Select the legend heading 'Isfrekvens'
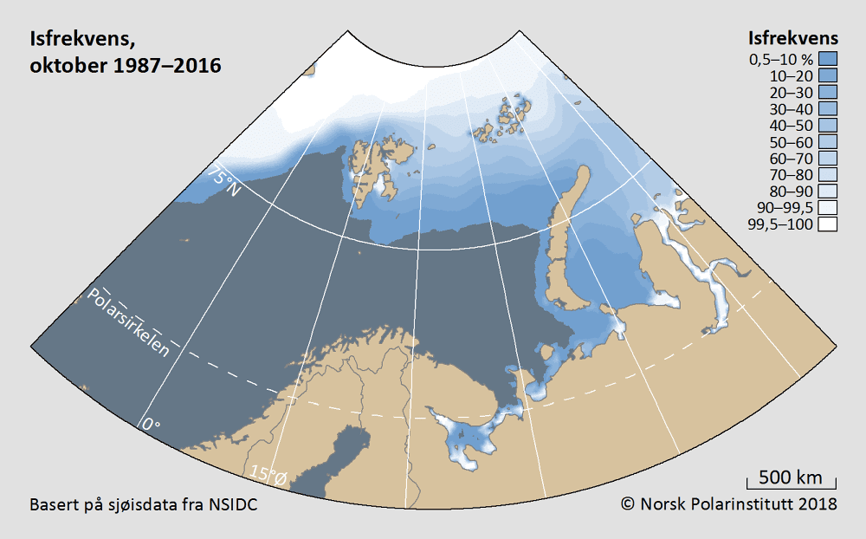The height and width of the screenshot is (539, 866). tap(792, 39)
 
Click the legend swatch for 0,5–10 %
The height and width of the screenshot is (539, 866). tap(828, 60)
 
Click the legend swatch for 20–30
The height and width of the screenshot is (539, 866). tap(828, 93)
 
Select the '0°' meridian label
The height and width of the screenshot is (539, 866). tap(152, 425)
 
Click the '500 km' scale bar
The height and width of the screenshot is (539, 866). tap(791, 478)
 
